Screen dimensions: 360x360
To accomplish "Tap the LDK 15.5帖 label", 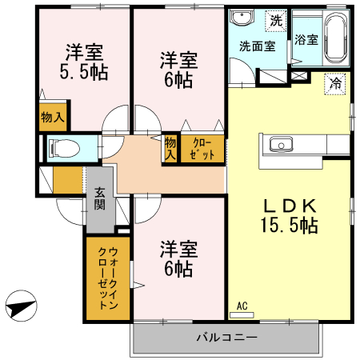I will pos(289,214).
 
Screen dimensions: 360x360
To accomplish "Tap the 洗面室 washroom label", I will pos(258,46).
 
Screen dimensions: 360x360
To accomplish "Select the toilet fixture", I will pos(63,148).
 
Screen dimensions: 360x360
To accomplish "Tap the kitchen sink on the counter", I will pos(282,145).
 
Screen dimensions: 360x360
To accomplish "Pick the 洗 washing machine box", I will pos(275,19).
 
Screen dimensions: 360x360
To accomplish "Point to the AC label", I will pos(242,305).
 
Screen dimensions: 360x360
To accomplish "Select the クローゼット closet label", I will pos(202,149).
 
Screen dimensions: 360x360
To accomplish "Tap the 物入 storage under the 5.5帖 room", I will pos(52,117).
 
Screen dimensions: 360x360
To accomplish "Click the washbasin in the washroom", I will pos(243,20).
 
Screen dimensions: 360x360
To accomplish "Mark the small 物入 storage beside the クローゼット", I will pos(170,149).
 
